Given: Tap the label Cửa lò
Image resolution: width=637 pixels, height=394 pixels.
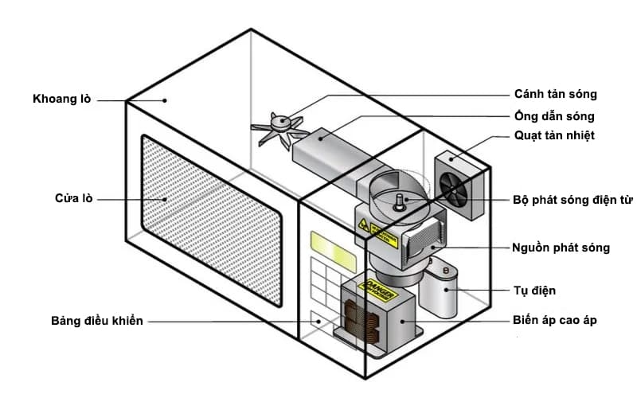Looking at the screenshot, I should click(x=75, y=198).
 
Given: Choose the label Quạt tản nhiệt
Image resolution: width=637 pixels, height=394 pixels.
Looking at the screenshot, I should click(x=554, y=135).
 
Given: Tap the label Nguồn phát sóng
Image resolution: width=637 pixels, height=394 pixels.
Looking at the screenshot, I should click(x=561, y=248).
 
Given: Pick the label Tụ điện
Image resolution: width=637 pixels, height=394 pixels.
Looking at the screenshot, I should click(x=535, y=291).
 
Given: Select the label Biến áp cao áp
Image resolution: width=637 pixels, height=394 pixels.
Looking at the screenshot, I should click(x=555, y=321).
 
